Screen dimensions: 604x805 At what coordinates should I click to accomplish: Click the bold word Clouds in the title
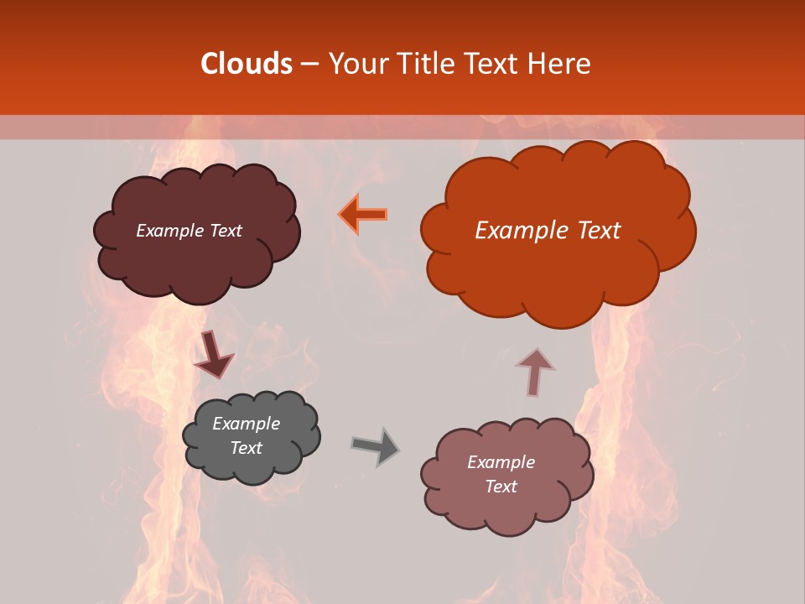coord(247,64)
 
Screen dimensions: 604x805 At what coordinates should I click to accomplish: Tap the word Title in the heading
coord(427,64)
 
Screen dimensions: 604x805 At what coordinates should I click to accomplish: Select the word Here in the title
coord(560,64)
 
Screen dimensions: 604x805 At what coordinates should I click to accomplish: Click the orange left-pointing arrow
coord(363,214)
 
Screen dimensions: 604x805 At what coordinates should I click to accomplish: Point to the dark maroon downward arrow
coord(213,354)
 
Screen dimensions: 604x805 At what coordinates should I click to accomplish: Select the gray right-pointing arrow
coord(375,446)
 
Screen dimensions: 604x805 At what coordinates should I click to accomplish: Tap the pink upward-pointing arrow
coord(535,371)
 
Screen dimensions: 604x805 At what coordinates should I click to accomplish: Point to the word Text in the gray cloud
coord(246,448)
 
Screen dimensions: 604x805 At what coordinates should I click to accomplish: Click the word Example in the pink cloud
coord(501,462)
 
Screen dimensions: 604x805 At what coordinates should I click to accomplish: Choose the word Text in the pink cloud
coord(501,487)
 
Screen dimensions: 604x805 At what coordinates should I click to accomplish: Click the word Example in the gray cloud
coord(246,424)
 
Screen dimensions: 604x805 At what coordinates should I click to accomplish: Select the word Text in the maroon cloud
coord(226,231)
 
